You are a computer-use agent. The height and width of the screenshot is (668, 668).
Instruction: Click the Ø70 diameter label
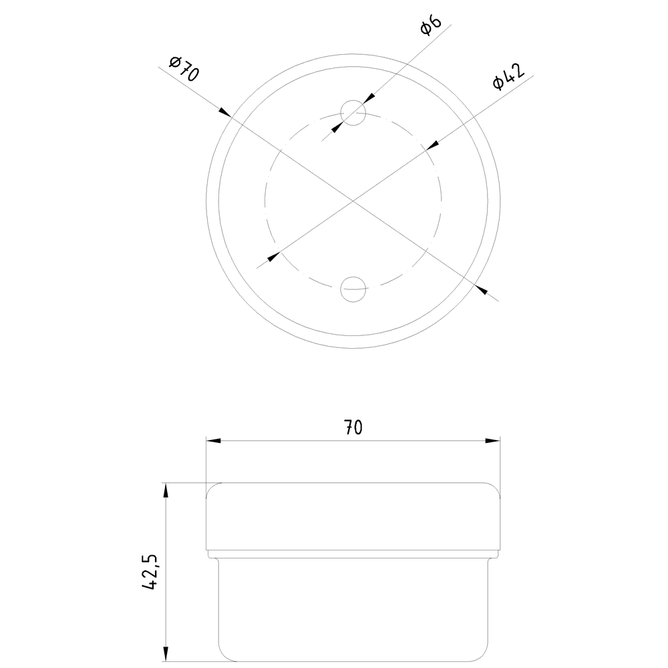tap(184, 69)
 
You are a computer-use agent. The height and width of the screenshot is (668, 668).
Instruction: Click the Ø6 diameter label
tap(431, 27)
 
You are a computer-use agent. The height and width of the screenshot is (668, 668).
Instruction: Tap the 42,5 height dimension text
tap(151, 571)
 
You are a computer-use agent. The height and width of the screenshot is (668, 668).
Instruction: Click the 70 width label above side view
tap(353, 428)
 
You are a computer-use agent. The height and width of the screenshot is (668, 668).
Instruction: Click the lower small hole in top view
tap(353, 289)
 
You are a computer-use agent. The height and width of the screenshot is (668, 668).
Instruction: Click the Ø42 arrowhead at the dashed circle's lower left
tap(273, 256)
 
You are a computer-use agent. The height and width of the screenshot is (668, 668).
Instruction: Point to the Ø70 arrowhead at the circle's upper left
tap(224, 114)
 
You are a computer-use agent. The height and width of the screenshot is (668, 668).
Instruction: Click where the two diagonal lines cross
tap(353, 200)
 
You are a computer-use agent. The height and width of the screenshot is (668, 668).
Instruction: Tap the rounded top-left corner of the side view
tap(210, 488)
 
